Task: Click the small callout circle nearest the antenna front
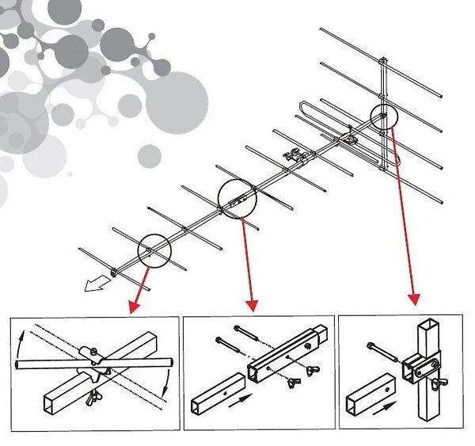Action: tap(154, 250)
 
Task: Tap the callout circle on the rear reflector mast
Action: tap(384, 116)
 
